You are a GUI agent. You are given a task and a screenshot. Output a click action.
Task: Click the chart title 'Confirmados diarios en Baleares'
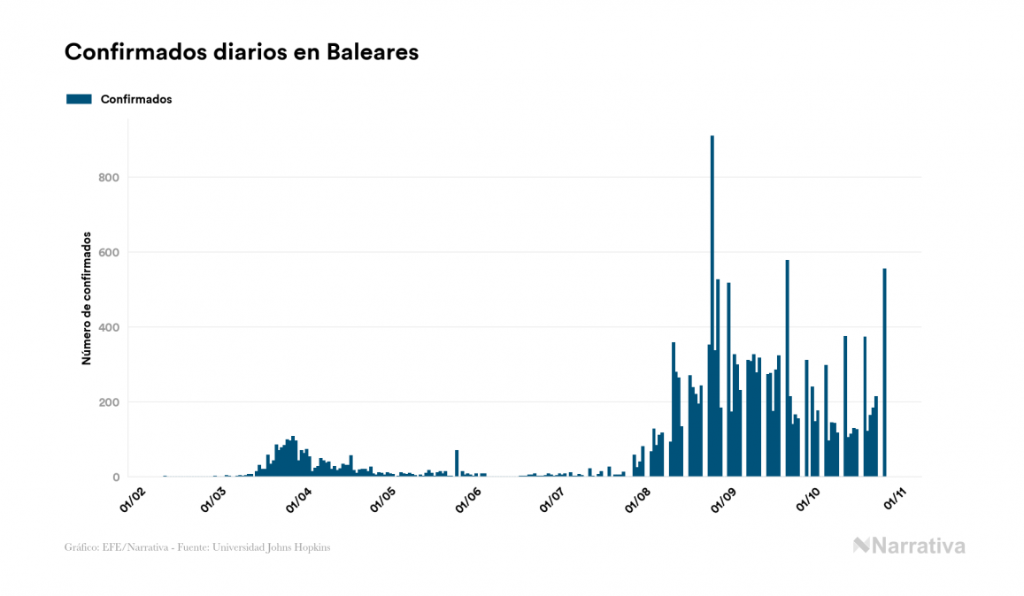(241, 52)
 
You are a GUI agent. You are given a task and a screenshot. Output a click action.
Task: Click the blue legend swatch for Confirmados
(79, 99)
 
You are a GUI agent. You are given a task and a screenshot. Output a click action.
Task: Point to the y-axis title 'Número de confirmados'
(87, 298)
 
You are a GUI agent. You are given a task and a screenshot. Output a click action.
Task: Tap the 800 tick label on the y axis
(109, 178)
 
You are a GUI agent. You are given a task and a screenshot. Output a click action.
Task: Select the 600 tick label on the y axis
(109, 253)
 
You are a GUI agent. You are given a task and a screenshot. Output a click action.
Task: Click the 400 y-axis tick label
(109, 328)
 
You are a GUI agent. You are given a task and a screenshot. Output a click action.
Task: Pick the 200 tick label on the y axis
(109, 402)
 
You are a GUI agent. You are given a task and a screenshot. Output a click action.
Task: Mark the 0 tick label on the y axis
(116, 478)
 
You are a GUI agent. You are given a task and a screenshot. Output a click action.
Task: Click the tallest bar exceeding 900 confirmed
(712, 309)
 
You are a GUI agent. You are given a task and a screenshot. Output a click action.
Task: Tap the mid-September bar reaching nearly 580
(787, 371)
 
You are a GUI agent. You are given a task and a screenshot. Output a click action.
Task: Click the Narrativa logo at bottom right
(909, 546)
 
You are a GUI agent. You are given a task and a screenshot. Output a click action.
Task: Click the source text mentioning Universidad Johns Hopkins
(197, 547)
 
